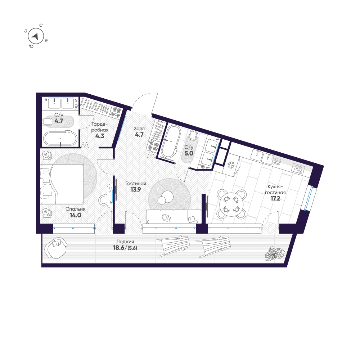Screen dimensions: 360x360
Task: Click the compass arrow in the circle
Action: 35,36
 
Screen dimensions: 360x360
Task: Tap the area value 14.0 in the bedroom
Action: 75,215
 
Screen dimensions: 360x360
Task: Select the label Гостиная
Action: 136,184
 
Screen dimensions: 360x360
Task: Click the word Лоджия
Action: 125,242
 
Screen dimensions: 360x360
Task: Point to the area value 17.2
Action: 275,198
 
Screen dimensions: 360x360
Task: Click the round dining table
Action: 231,204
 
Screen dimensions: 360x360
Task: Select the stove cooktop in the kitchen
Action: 298,169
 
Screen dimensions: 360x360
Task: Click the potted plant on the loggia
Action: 275,254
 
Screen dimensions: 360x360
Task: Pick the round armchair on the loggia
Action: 56,248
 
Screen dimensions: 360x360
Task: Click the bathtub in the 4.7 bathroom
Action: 60,139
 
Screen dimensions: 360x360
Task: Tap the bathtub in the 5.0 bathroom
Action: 170,141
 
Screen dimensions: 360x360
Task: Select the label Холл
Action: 139,129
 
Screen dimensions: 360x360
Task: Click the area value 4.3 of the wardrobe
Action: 100,136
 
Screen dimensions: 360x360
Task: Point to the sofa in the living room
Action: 174,216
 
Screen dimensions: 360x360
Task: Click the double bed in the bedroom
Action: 62,184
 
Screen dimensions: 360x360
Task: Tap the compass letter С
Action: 41,25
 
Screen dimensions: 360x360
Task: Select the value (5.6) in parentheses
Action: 132,248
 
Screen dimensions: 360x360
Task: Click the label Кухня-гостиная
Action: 275,190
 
